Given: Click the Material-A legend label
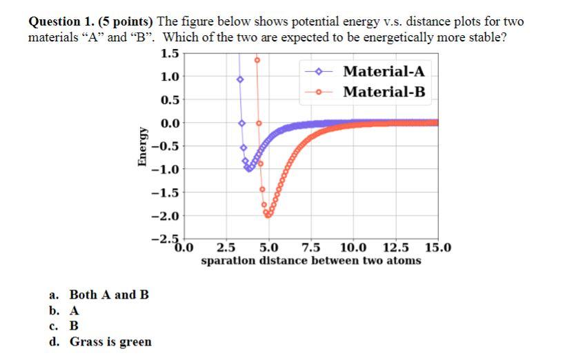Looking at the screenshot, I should tap(384, 72).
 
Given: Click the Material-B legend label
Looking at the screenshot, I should tap(384, 92).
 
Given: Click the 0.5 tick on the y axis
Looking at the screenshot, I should tap(169, 100).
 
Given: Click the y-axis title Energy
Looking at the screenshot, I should tap(141, 146).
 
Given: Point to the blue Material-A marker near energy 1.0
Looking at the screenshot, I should tap(240, 80).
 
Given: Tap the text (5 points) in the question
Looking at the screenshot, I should tap(131, 22).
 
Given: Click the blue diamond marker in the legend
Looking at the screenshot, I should tap(318, 72).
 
